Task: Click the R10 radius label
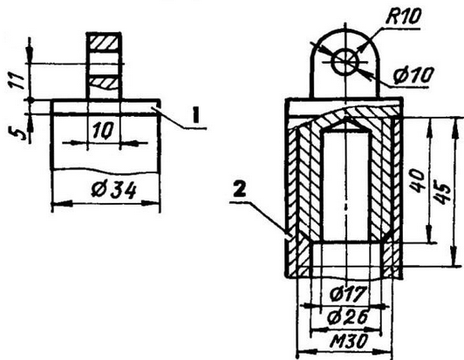[403, 17]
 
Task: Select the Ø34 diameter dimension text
[114, 190]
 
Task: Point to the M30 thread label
[349, 342]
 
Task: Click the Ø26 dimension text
[348, 316]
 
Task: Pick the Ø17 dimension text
[348, 294]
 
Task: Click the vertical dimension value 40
[418, 180]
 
